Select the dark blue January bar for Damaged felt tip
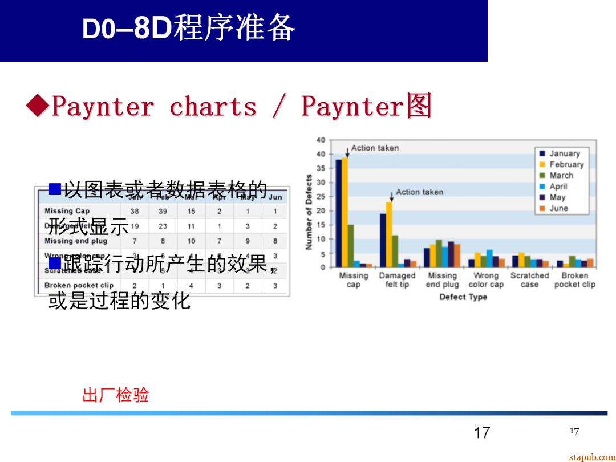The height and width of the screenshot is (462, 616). (383, 240)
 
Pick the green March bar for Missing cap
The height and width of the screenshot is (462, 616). (351, 246)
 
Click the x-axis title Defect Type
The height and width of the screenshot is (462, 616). (463, 297)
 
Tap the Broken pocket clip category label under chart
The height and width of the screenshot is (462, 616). (574, 280)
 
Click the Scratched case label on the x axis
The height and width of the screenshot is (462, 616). (529, 280)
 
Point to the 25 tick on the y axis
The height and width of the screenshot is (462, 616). (321, 197)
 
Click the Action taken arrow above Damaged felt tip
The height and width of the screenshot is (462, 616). (391, 196)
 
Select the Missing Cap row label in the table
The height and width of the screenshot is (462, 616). (67, 211)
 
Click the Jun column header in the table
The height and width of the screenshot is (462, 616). (275, 197)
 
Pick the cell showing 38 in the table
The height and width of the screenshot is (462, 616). (135, 211)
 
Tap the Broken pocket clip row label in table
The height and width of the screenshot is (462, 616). (79, 285)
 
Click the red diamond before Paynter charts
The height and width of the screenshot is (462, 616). (38, 106)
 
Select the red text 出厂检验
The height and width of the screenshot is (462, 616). (116, 395)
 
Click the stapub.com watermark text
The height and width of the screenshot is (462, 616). (592, 457)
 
